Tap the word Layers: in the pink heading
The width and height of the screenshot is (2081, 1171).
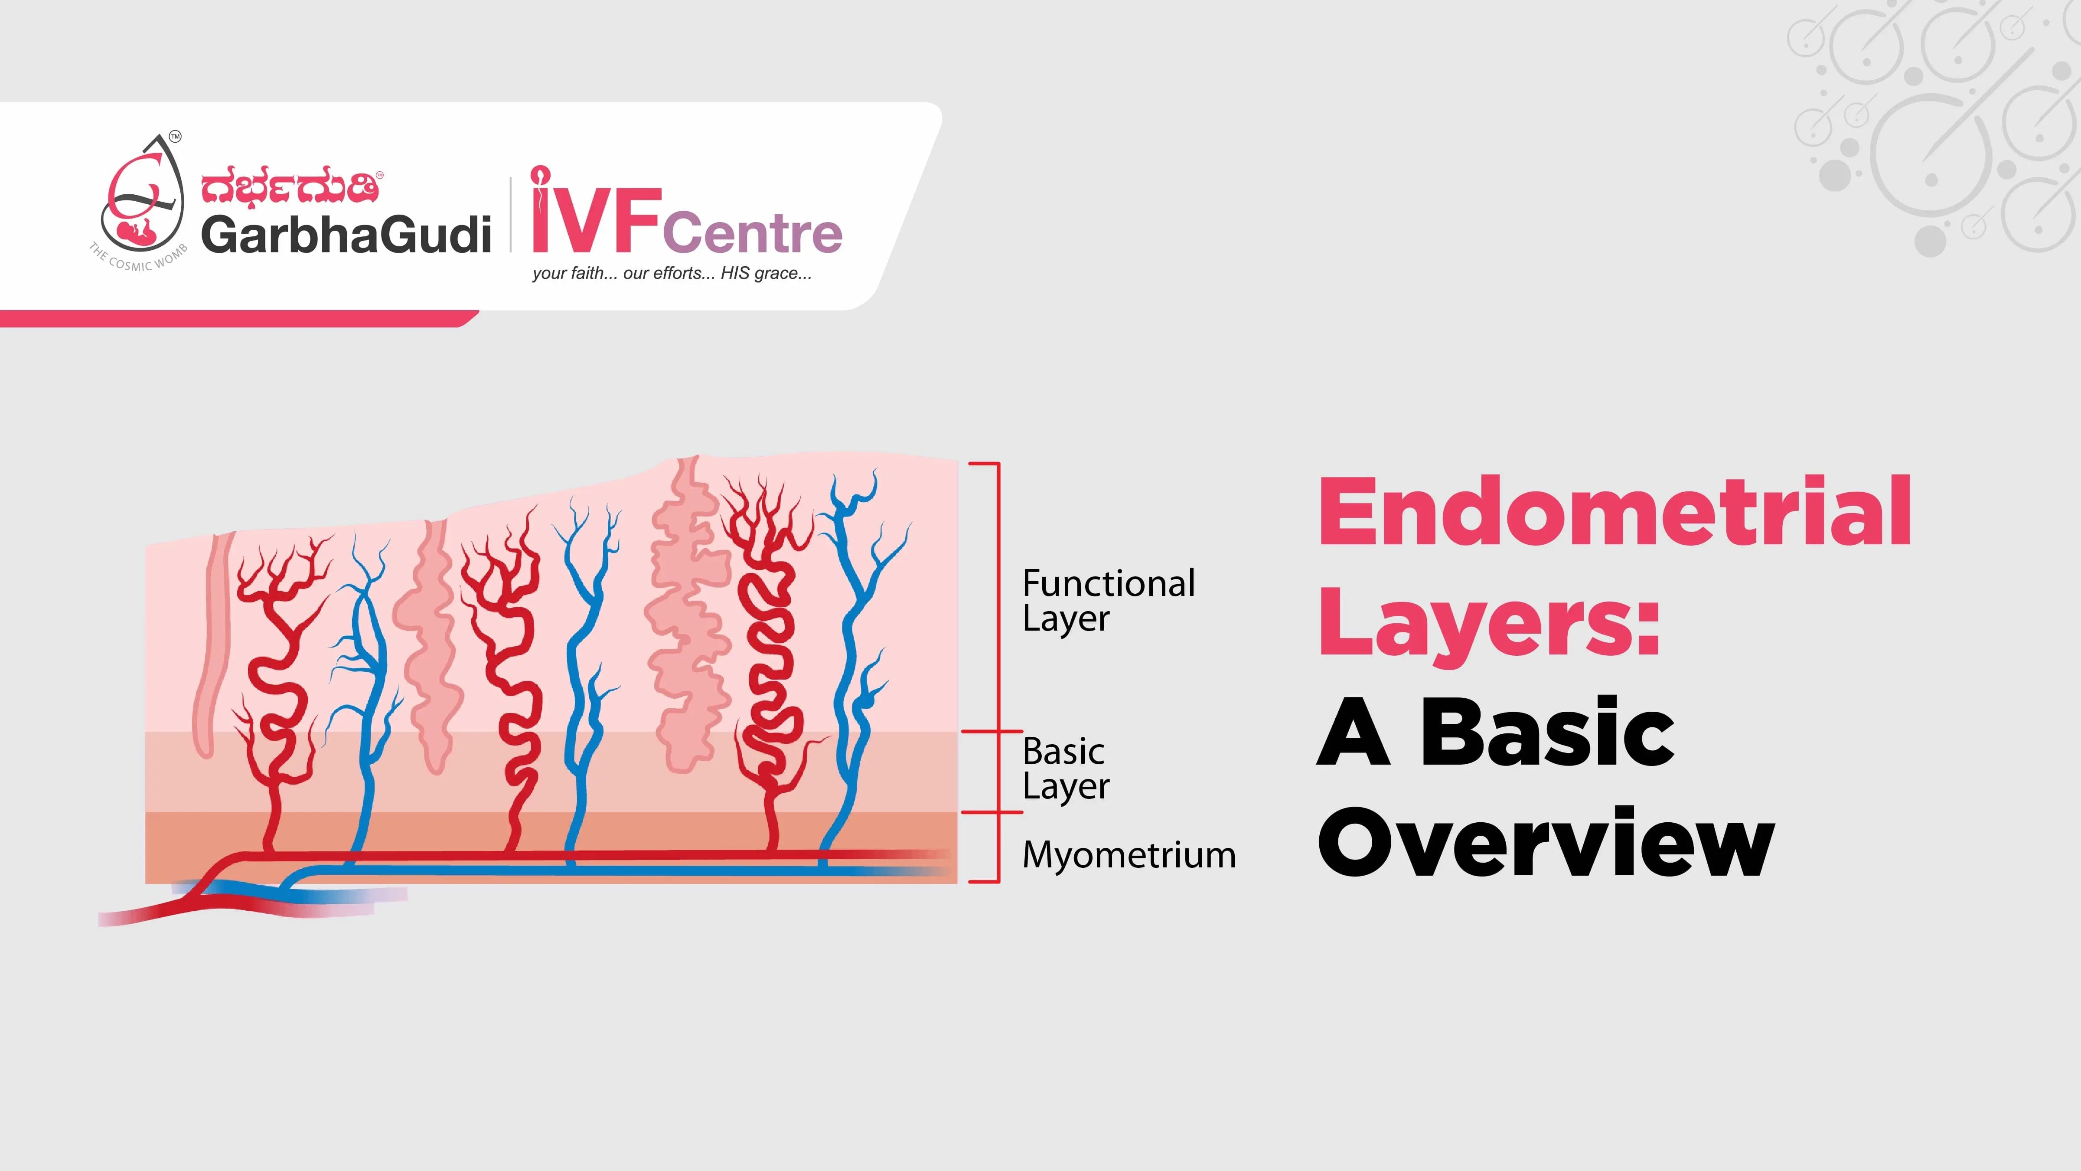click(x=1488, y=624)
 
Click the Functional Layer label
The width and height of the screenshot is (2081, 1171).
click(x=1108, y=600)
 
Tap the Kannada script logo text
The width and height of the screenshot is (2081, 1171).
click(x=289, y=187)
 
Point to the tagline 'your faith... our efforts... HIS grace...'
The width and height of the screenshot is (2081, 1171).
click(x=671, y=273)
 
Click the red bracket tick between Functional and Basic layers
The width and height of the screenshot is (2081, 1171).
click(x=992, y=731)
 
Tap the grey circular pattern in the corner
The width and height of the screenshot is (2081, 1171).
click(x=1939, y=121)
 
